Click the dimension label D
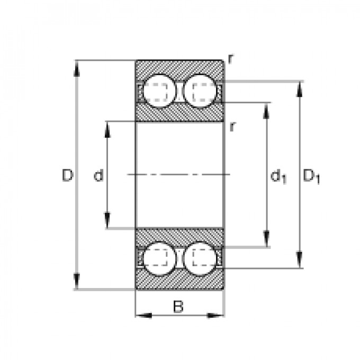pyautogui.click(x=67, y=175)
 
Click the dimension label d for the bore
pyautogui.click(x=98, y=175)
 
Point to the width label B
pyautogui.click(x=178, y=306)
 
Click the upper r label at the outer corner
pyautogui.click(x=231, y=58)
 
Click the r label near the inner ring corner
pyautogui.click(x=232, y=126)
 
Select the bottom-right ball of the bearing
pyautogui.click(x=202, y=258)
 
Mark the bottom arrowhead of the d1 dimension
pyautogui.click(x=266, y=241)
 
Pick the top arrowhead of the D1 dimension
pyautogui.click(x=300, y=88)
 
